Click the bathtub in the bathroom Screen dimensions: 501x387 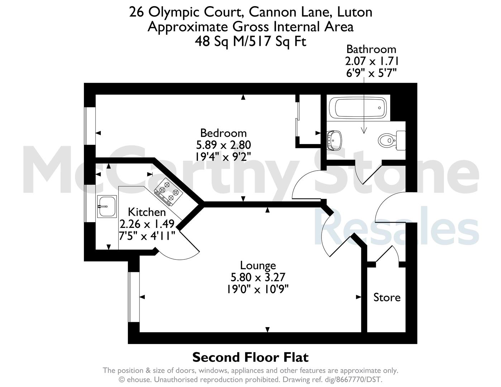click(358, 107)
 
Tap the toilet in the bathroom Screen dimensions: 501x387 click(392, 140)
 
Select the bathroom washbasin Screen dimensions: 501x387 click(334, 140)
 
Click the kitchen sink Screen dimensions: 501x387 click(107, 206)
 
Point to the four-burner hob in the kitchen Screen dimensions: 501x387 click(168, 192)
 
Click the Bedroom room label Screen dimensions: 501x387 click(223, 133)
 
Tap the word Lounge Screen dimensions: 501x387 click(258, 266)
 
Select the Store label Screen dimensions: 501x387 click(387, 297)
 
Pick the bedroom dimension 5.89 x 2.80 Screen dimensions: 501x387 click(223, 145)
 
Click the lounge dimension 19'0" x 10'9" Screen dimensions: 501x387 click(258, 289)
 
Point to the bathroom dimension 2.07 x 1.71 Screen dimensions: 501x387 click(372, 61)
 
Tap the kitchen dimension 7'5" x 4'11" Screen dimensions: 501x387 click(147, 236)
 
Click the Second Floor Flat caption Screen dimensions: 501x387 click(251, 357)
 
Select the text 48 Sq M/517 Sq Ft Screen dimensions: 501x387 click(251, 42)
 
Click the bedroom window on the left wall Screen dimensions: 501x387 click(90, 126)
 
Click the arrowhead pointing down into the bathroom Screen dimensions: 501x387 click(364, 131)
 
